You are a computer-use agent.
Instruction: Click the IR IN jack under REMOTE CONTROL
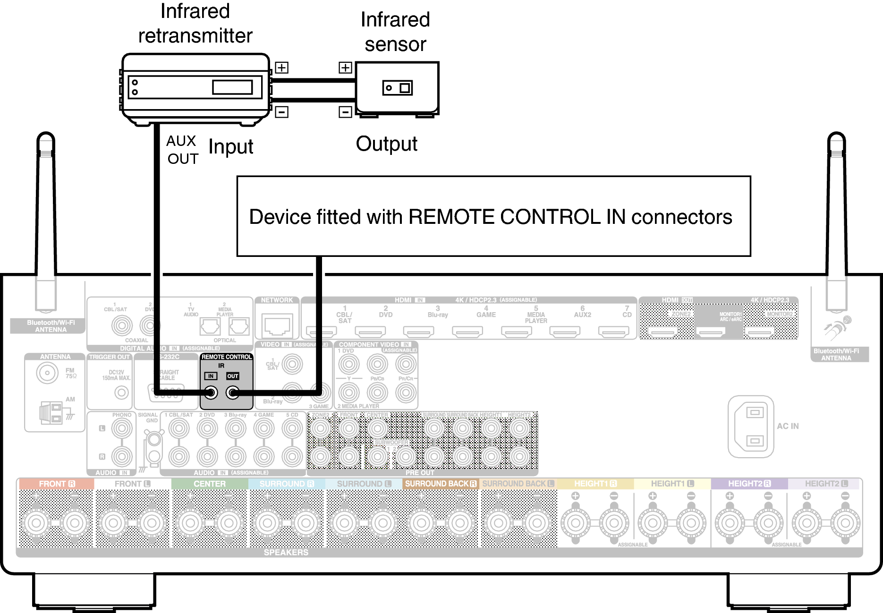coord(211,392)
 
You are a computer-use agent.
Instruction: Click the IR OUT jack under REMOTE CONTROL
coord(232,392)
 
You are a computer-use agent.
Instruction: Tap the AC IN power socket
coord(751,426)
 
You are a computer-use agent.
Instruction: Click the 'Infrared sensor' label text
coord(395,32)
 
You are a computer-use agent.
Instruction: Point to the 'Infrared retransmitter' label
coord(195,24)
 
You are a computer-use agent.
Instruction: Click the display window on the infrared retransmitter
coord(232,87)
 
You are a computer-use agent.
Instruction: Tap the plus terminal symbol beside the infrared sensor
coord(345,68)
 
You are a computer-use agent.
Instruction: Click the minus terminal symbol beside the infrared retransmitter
coord(281,112)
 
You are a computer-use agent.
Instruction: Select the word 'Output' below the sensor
coord(386,144)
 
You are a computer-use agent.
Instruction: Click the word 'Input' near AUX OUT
coord(230,147)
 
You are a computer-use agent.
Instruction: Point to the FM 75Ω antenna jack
coord(47,373)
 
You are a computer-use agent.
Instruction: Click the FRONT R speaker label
coord(57,484)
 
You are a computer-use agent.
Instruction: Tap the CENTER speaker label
coord(210,484)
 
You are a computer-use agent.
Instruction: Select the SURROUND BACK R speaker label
coord(441,484)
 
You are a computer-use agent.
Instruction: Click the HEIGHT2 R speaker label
coord(749,484)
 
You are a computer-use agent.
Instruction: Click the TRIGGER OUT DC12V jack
coord(122,392)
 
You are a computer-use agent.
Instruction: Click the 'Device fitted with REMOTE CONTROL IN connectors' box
coord(493,216)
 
